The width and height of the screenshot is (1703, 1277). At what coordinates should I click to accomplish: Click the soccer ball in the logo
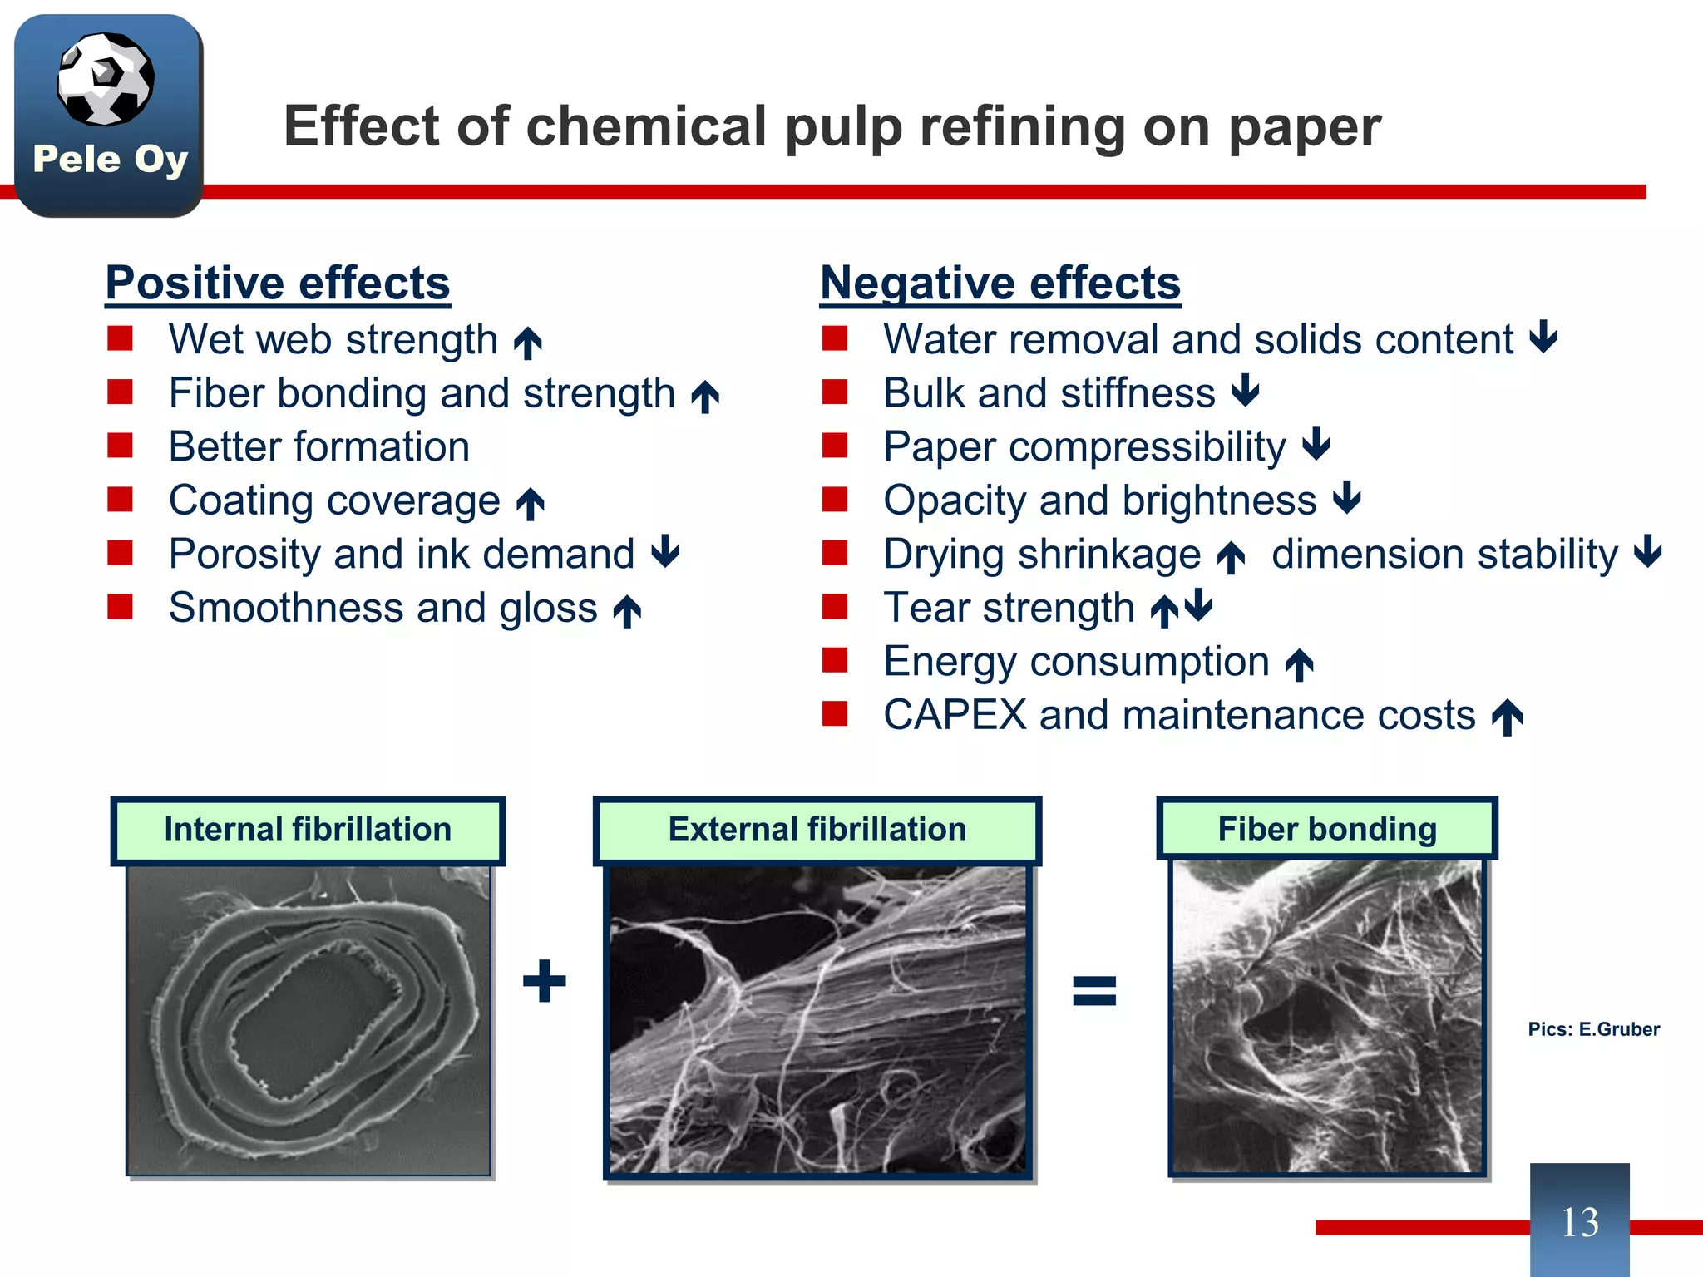(x=106, y=79)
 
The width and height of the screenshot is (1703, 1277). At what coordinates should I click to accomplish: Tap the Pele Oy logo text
(x=110, y=159)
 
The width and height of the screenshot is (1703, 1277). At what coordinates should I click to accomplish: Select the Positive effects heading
(x=278, y=283)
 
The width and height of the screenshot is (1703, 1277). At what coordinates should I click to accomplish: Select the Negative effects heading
(x=1000, y=283)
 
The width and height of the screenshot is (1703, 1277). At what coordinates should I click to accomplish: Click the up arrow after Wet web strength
(x=528, y=343)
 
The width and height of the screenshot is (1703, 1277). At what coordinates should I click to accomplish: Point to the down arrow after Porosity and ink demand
(x=665, y=551)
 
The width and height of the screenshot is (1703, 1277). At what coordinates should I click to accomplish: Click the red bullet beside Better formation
(x=121, y=446)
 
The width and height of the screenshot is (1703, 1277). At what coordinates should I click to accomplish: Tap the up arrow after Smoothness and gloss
(x=627, y=611)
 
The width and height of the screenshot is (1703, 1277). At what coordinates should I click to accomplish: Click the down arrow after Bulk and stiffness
(x=1246, y=390)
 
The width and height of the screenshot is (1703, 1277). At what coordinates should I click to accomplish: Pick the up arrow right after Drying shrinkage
(x=1231, y=557)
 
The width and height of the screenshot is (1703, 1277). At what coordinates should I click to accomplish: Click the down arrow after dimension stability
(x=1647, y=551)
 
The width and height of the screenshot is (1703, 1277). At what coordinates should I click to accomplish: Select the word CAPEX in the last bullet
(x=955, y=715)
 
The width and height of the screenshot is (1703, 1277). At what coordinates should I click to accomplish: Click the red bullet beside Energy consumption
(x=835, y=661)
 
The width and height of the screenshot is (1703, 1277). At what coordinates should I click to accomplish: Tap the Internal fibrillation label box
(x=308, y=830)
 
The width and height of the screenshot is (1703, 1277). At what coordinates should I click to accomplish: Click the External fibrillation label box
(x=817, y=830)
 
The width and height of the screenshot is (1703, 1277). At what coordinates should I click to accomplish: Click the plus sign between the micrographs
(x=545, y=981)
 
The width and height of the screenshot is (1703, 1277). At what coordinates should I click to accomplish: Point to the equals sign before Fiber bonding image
(x=1094, y=991)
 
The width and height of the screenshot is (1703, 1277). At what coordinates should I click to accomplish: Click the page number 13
(x=1579, y=1222)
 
